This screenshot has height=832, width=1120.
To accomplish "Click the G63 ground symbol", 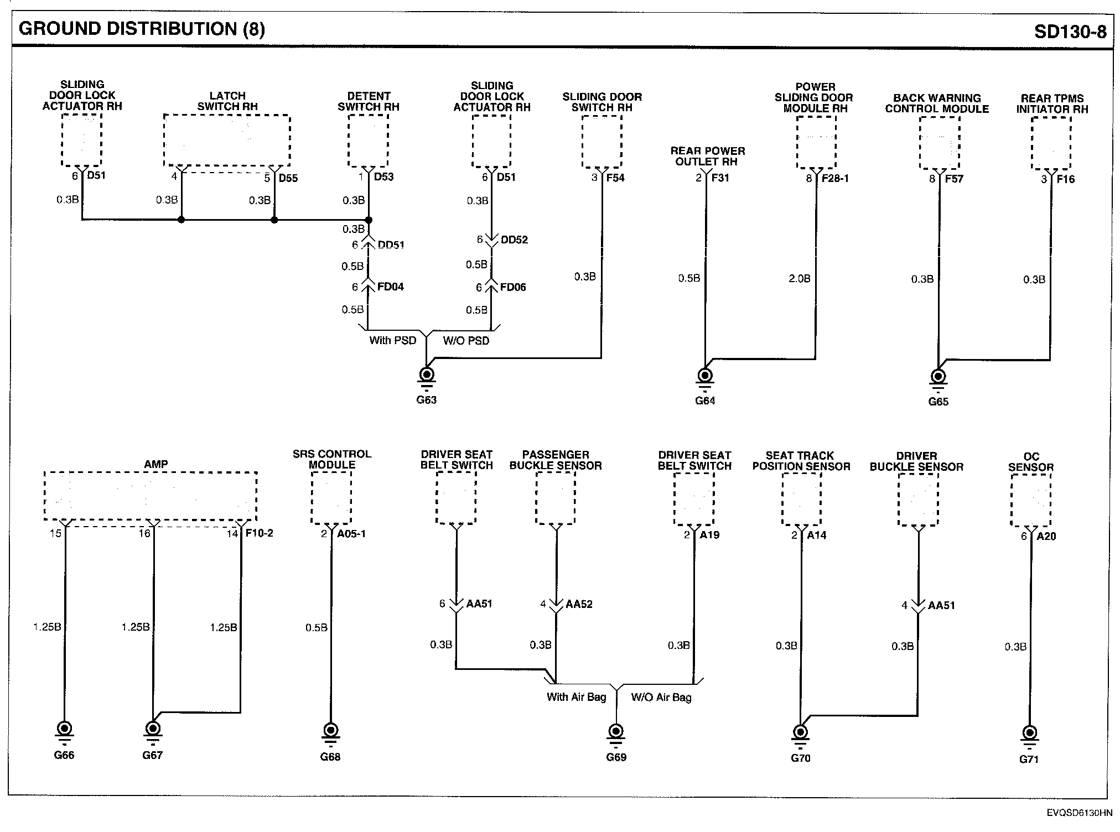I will click(427, 375).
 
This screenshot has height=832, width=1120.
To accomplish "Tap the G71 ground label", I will click(1029, 759).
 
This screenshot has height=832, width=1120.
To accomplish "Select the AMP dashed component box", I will click(151, 496).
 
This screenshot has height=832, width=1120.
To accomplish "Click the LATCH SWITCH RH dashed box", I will click(227, 140).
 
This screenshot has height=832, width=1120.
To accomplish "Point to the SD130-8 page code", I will click(1070, 32).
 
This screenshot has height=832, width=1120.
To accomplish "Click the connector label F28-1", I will click(835, 179).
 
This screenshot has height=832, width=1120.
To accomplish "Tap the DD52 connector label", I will click(514, 240).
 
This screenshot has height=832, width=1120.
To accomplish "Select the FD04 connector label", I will click(390, 287).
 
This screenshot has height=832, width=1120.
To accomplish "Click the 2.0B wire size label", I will click(799, 279).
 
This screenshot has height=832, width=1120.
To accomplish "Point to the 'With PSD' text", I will click(392, 340).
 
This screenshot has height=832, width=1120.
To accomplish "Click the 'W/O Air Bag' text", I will click(661, 698).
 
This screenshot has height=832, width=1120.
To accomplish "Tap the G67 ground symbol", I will click(153, 729).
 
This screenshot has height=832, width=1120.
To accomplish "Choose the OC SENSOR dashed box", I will click(1030, 501).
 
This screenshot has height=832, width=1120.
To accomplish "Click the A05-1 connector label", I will click(351, 534).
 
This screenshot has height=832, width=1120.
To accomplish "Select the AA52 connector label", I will click(579, 604).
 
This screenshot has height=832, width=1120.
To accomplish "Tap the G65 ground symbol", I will click(938, 377).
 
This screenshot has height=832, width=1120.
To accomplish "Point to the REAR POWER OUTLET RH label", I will click(707, 156).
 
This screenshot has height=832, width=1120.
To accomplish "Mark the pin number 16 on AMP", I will click(144, 533).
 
